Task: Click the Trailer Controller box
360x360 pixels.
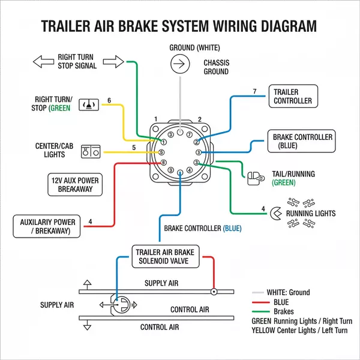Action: coord(293,97)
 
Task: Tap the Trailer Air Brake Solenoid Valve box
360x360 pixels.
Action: coord(165,257)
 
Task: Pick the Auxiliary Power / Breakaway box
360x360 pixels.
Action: coord(47,226)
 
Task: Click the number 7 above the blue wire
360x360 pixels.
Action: coord(254,91)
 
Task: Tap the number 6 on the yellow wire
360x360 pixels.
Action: coord(109,100)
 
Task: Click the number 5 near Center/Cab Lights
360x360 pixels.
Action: coord(134,148)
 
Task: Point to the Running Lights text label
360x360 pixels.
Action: coord(310,214)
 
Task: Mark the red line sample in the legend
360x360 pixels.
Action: coord(261,302)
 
